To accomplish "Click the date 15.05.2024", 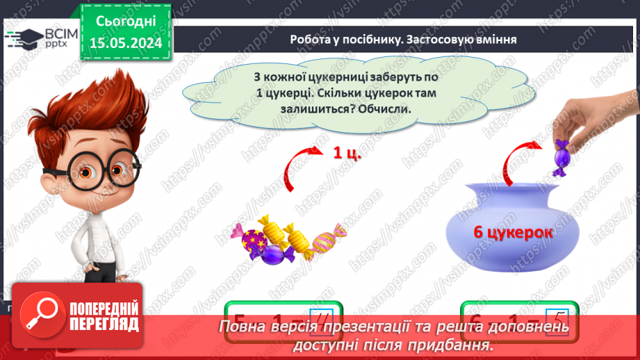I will point(126,43).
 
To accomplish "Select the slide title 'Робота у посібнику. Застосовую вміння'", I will point(403,39).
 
